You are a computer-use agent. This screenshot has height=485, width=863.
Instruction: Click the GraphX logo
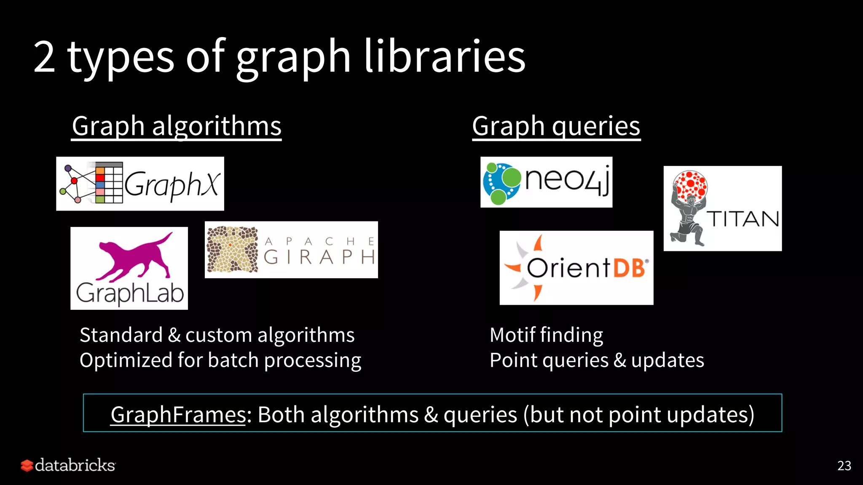click(x=140, y=184)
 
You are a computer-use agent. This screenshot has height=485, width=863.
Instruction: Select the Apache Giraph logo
click(x=291, y=250)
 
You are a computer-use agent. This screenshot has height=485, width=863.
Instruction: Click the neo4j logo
click(x=546, y=182)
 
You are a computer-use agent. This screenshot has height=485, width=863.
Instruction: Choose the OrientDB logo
click(x=576, y=268)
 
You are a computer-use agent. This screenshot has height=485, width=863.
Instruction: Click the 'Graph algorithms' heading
click(x=177, y=126)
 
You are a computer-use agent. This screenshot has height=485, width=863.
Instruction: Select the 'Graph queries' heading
click(x=556, y=126)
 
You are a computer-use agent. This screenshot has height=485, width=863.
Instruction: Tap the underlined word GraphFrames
click(x=178, y=415)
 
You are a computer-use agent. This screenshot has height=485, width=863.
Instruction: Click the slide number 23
click(x=844, y=466)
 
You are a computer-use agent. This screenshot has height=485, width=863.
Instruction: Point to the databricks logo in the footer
click(x=68, y=465)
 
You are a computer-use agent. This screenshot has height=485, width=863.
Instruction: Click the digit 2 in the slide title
click(x=44, y=57)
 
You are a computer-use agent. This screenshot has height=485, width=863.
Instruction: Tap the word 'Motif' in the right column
click(x=512, y=335)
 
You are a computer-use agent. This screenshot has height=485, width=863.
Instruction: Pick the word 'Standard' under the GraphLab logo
click(x=121, y=335)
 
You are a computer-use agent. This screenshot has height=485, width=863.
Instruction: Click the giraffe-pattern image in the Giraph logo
click(x=232, y=250)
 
